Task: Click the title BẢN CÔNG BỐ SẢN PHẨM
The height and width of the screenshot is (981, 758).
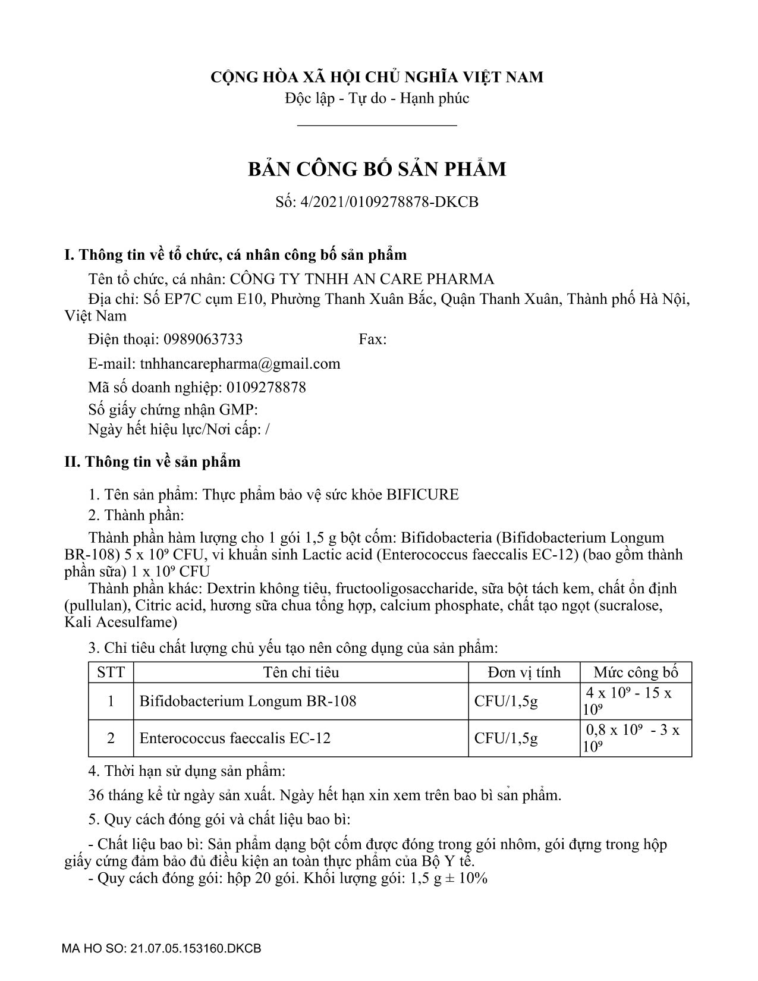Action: pyautogui.click(x=377, y=169)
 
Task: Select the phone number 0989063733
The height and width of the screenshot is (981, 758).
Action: pyautogui.click(x=203, y=339)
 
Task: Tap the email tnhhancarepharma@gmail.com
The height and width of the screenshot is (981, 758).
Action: pyautogui.click(x=240, y=364)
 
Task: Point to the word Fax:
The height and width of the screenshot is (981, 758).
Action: pyautogui.click(x=373, y=339)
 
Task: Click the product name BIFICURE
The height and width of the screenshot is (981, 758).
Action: pyautogui.click(x=423, y=495)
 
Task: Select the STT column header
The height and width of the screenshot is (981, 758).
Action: pyautogui.click(x=111, y=672)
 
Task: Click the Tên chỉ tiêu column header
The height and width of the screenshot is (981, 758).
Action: pyautogui.click(x=301, y=672)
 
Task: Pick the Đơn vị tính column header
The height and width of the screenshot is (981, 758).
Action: pyautogui.click(x=524, y=672)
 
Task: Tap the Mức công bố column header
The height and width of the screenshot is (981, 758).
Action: pyautogui.click(x=636, y=672)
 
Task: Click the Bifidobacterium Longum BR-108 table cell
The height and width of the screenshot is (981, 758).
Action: pyautogui.click(x=248, y=702)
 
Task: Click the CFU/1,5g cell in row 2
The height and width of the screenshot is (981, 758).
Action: pyautogui.click(x=506, y=738)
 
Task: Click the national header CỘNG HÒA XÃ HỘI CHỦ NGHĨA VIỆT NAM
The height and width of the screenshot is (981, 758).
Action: pyautogui.click(x=377, y=77)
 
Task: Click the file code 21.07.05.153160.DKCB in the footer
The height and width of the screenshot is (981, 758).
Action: pyautogui.click(x=194, y=948)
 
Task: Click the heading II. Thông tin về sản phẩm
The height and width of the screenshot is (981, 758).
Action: pyautogui.click(x=152, y=462)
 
